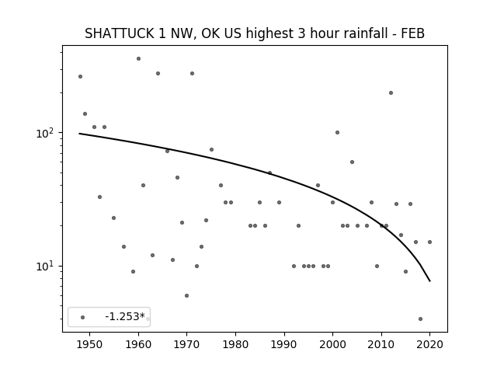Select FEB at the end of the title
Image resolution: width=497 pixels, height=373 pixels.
[x=412, y=33]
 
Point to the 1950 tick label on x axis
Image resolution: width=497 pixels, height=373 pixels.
[x=90, y=344]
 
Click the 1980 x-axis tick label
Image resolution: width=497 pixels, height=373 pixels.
[x=235, y=344]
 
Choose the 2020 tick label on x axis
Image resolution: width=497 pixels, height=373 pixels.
[x=429, y=344]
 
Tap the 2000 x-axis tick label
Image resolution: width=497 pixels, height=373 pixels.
[x=332, y=344]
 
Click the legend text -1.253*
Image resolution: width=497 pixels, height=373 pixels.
[x=125, y=316]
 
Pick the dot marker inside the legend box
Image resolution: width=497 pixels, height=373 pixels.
[x=83, y=317]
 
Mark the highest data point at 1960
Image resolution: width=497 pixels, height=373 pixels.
[x=138, y=59]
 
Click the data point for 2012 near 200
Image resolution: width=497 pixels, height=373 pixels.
[x=391, y=93]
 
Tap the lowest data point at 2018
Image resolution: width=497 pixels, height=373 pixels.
[x=420, y=319]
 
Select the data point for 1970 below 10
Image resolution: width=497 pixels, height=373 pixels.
[x=186, y=295]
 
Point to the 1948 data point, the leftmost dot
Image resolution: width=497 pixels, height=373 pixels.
[x=80, y=76]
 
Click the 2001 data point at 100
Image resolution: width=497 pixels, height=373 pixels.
[x=337, y=133]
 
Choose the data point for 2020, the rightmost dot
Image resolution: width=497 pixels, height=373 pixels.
[x=429, y=242]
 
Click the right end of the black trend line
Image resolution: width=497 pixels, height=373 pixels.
[x=429, y=281]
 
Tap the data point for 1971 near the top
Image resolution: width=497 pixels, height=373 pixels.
[x=192, y=74]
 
